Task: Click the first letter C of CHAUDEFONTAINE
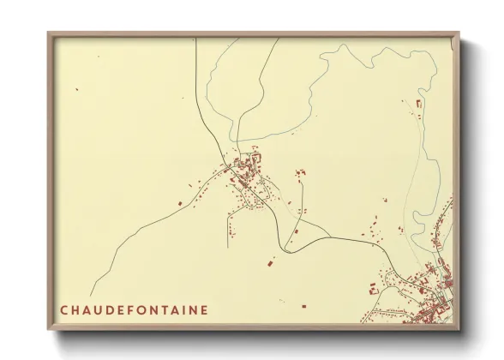(x=64, y=309)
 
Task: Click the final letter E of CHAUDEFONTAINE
(x=204, y=309)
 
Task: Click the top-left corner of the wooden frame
(x=48, y=33)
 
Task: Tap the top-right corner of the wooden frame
(x=459, y=33)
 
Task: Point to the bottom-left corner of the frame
(x=48, y=330)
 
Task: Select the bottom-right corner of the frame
(x=459, y=330)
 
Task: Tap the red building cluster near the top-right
(x=418, y=104)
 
